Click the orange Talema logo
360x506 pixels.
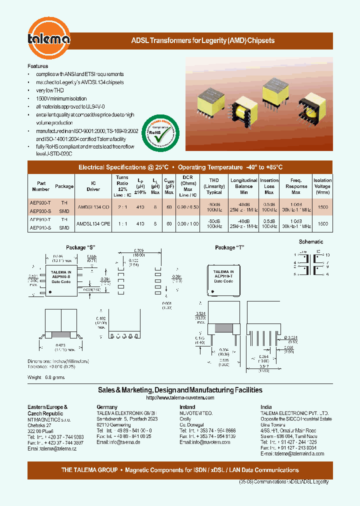49,38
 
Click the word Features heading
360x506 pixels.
38,66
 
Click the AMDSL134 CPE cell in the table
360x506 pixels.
93,223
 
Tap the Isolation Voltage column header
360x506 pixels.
322,186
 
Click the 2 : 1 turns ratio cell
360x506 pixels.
122,206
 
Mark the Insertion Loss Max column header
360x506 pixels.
269,186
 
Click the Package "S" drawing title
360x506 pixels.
80,247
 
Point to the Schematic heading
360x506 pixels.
311,241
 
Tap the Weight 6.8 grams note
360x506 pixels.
46,377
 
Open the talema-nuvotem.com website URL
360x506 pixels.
180,397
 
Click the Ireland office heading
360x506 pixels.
187,407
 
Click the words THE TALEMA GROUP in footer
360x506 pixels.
89,470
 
